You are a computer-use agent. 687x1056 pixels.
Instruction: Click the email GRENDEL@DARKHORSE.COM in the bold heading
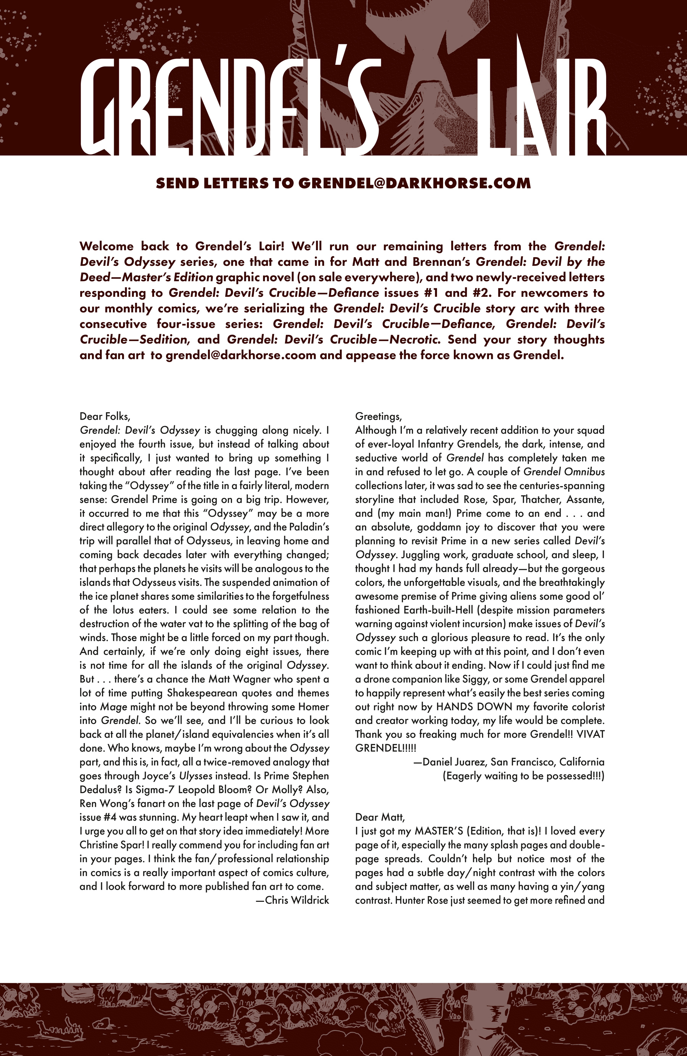[x=414, y=183]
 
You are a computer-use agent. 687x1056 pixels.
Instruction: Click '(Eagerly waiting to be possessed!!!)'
[x=524, y=776]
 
